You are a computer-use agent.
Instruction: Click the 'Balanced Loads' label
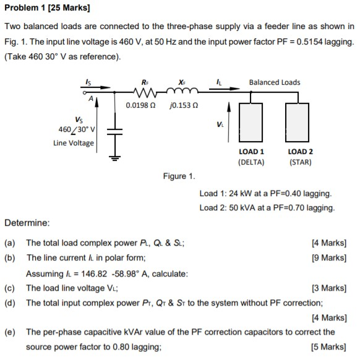click(275, 82)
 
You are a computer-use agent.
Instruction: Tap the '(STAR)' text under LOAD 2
click(301, 162)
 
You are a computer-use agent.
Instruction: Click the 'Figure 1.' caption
click(179, 176)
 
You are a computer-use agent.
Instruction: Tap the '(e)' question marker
click(11, 332)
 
